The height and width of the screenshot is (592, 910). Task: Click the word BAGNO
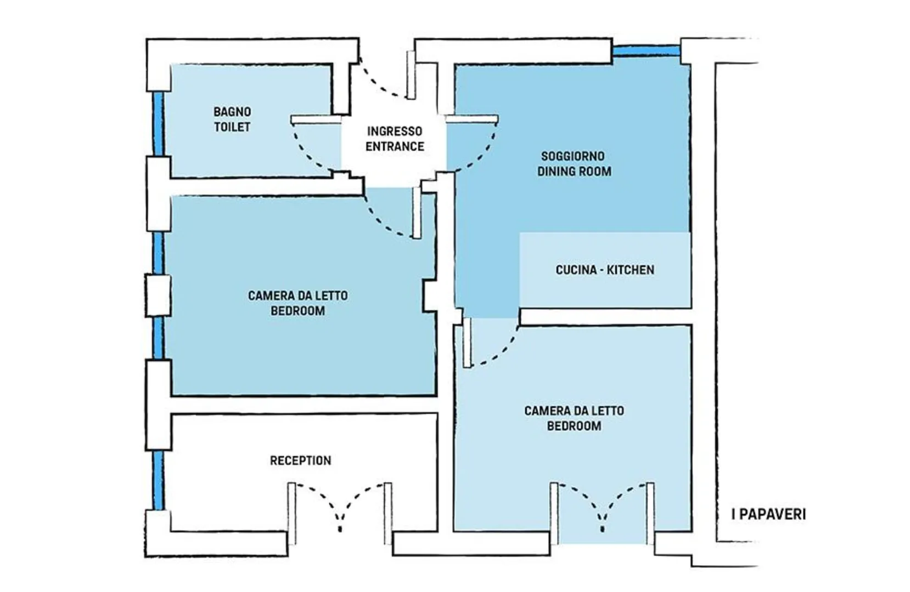(232, 112)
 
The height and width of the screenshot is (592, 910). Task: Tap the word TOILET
(232, 127)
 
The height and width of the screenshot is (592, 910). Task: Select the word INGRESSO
(395, 131)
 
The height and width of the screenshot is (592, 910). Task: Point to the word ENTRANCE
(395, 146)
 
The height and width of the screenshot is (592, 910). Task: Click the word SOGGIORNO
(573, 156)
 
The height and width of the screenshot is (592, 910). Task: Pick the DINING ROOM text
(575, 171)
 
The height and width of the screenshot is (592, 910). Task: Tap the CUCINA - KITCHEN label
(605, 270)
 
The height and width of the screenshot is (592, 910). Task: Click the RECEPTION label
(301, 460)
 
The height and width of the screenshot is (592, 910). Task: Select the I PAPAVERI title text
(768, 515)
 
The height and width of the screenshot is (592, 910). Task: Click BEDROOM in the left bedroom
(298, 311)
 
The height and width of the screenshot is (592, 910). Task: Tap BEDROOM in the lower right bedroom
(574, 426)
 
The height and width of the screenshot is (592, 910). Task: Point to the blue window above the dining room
(647, 51)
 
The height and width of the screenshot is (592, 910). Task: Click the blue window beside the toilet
(159, 124)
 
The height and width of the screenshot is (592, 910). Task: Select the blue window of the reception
(159, 480)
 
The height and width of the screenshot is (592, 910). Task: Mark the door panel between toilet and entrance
(316, 119)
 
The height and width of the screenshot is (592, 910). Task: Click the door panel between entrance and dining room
(471, 119)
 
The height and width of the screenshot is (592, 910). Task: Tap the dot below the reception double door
(340, 529)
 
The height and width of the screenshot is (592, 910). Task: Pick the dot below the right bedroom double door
(603, 529)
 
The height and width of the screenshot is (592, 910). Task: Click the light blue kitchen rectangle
(605, 270)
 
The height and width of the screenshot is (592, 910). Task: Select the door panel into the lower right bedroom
(467, 343)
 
